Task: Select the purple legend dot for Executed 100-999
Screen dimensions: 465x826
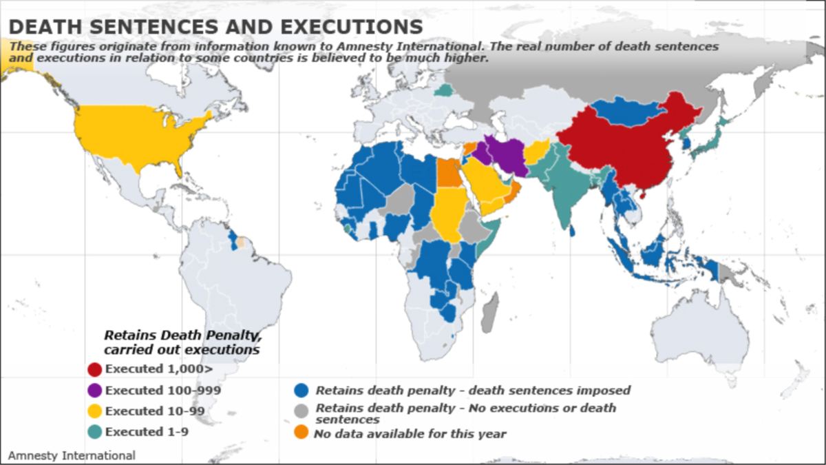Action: pyautogui.click(x=95, y=391)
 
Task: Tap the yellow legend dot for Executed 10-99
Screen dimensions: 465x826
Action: pyautogui.click(x=95, y=411)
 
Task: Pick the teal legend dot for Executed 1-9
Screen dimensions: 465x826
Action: pyautogui.click(x=95, y=432)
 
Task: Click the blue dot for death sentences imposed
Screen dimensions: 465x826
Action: pyautogui.click(x=301, y=391)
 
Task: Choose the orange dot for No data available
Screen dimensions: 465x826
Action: pyautogui.click(x=301, y=433)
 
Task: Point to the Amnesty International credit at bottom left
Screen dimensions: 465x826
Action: pyautogui.click(x=72, y=455)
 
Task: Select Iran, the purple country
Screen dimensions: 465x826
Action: pyautogui.click(x=506, y=155)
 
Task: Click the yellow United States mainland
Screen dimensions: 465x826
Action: pyautogui.click(x=138, y=138)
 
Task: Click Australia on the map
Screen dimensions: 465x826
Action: pyautogui.click(x=702, y=338)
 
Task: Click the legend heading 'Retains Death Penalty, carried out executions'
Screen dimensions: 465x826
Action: pyautogui.click(x=182, y=342)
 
